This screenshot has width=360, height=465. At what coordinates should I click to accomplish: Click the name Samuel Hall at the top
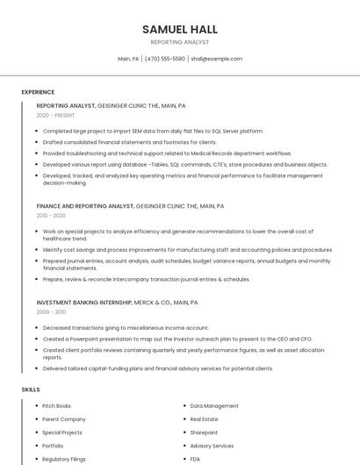(180, 29)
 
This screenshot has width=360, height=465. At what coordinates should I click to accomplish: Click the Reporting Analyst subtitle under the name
(180, 41)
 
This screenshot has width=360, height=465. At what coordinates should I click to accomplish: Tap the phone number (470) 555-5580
(165, 59)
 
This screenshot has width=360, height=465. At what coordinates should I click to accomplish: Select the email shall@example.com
(216, 59)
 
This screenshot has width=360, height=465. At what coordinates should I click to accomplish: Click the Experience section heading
(38, 92)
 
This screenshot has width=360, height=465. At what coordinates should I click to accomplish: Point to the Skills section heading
(31, 389)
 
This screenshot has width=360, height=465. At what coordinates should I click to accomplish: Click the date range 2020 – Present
(55, 115)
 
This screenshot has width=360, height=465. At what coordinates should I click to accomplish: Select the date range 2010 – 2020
(51, 215)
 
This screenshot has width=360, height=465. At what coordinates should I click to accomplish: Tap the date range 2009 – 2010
(51, 311)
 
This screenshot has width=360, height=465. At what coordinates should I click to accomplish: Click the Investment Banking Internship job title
(84, 302)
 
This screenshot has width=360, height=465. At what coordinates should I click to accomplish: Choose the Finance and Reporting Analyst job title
(85, 206)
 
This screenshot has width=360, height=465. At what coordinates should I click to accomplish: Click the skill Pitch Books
(57, 406)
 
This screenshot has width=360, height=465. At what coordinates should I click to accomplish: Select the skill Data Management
(214, 406)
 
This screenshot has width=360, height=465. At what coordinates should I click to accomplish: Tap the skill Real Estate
(205, 419)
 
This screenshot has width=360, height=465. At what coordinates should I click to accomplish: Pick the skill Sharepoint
(204, 433)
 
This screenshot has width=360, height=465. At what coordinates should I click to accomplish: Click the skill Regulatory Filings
(63, 459)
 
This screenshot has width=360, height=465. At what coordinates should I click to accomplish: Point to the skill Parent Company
(64, 419)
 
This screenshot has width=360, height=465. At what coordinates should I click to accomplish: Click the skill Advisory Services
(212, 446)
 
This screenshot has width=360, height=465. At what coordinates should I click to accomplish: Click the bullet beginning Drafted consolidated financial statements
(129, 142)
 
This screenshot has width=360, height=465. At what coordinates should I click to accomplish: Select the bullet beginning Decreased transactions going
(126, 328)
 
